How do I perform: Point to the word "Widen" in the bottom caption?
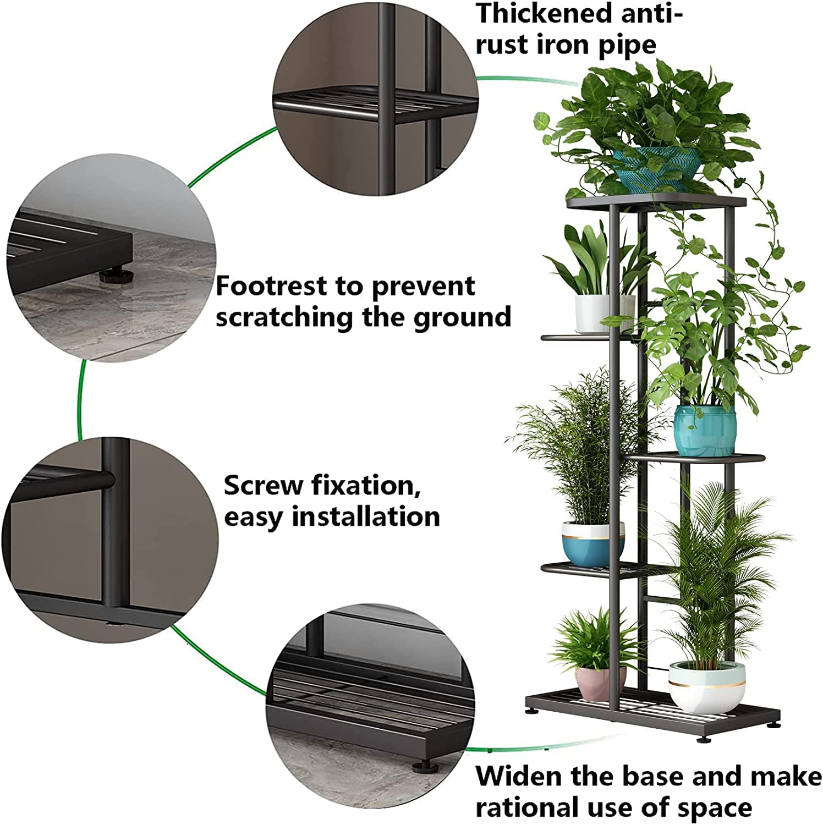[519, 777]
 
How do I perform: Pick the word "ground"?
[463, 317]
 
